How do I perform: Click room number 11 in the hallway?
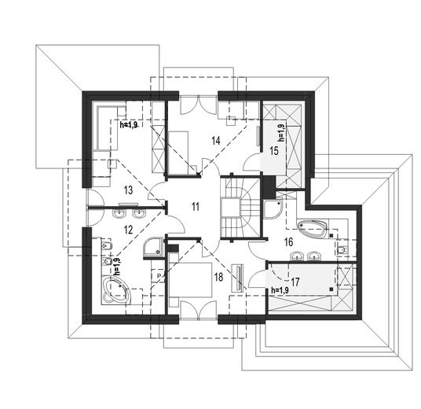[x=196, y=207]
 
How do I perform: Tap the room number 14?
[x=216, y=140]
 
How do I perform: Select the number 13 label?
[x=129, y=190]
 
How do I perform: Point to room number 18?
[x=219, y=277]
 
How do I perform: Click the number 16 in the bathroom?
[x=288, y=242]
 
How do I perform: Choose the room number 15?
[x=274, y=151]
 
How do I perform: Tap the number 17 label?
[x=295, y=282]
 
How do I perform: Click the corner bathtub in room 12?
[x=115, y=290]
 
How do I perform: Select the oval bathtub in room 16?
[x=312, y=229]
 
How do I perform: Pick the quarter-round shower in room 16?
[x=272, y=209]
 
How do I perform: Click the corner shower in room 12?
[x=153, y=248]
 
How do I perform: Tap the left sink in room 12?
[x=119, y=214]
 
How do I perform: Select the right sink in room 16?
[x=313, y=256]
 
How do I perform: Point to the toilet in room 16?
[x=342, y=250]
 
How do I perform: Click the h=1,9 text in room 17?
[x=280, y=290]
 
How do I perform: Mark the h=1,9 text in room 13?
[x=129, y=124]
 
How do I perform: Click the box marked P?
[x=159, y=276]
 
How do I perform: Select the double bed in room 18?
[x=191, y=280]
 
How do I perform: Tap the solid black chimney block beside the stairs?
[x=269, y=186]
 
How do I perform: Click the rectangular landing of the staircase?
[x=230, y=208]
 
